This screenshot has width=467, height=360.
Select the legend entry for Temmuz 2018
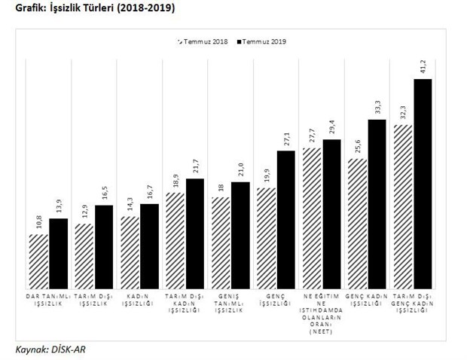pos(203,41)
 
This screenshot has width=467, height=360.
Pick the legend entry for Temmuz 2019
pos(259,41)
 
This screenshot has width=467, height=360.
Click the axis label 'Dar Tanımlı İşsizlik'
pos(49,299)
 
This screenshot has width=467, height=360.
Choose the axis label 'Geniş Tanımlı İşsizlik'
pos(230,299)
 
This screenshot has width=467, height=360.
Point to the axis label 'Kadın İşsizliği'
pos(139,299)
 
